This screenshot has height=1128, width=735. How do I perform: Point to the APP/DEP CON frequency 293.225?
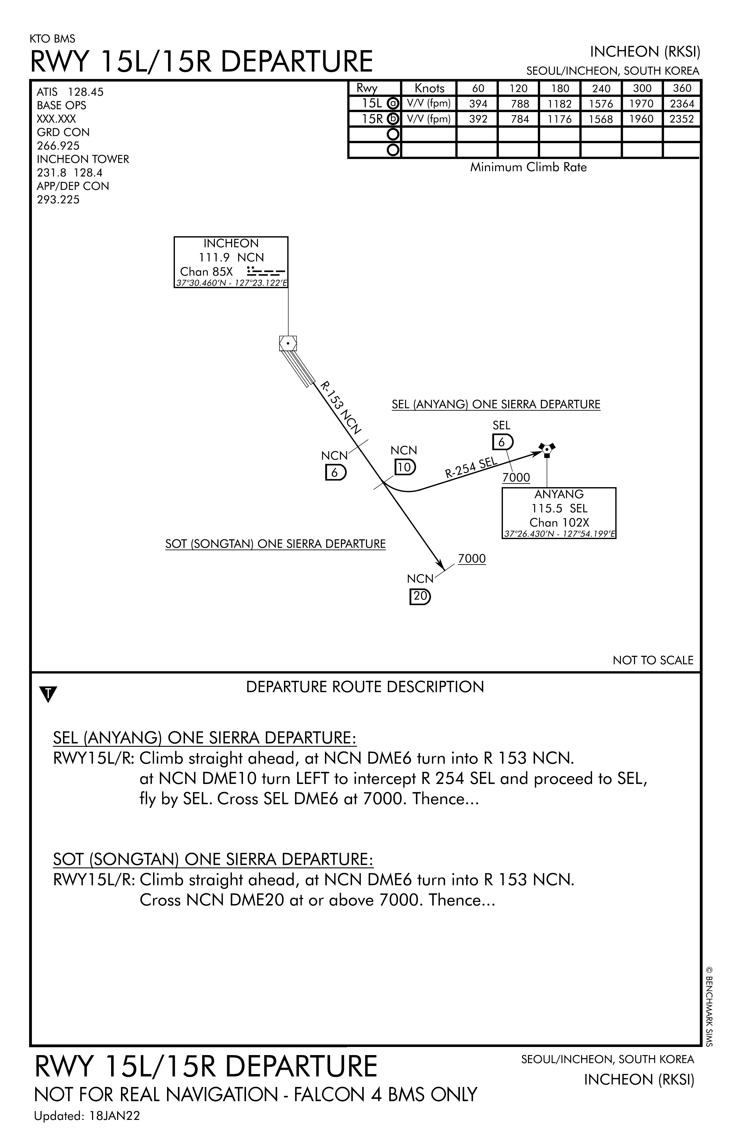click(58, 200)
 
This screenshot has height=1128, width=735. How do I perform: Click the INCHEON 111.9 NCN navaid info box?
click(231, 263)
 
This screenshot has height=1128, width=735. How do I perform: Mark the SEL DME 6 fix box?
click(502, 442)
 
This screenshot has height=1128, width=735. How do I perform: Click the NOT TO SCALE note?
click(652, 660)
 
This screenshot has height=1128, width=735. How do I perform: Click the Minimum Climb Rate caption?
click(528, 167)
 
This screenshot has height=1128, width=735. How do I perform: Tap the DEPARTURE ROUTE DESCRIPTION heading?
click(365, 687)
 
